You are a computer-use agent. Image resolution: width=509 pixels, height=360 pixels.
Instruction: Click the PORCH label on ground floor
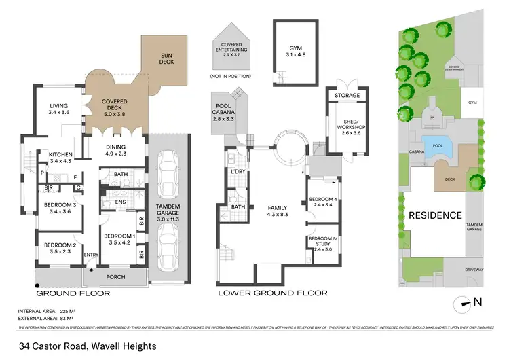[116, 277]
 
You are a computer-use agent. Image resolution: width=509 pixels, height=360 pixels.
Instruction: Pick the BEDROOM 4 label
[322, 202]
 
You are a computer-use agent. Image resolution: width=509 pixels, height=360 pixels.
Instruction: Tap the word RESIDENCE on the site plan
[434, 215]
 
